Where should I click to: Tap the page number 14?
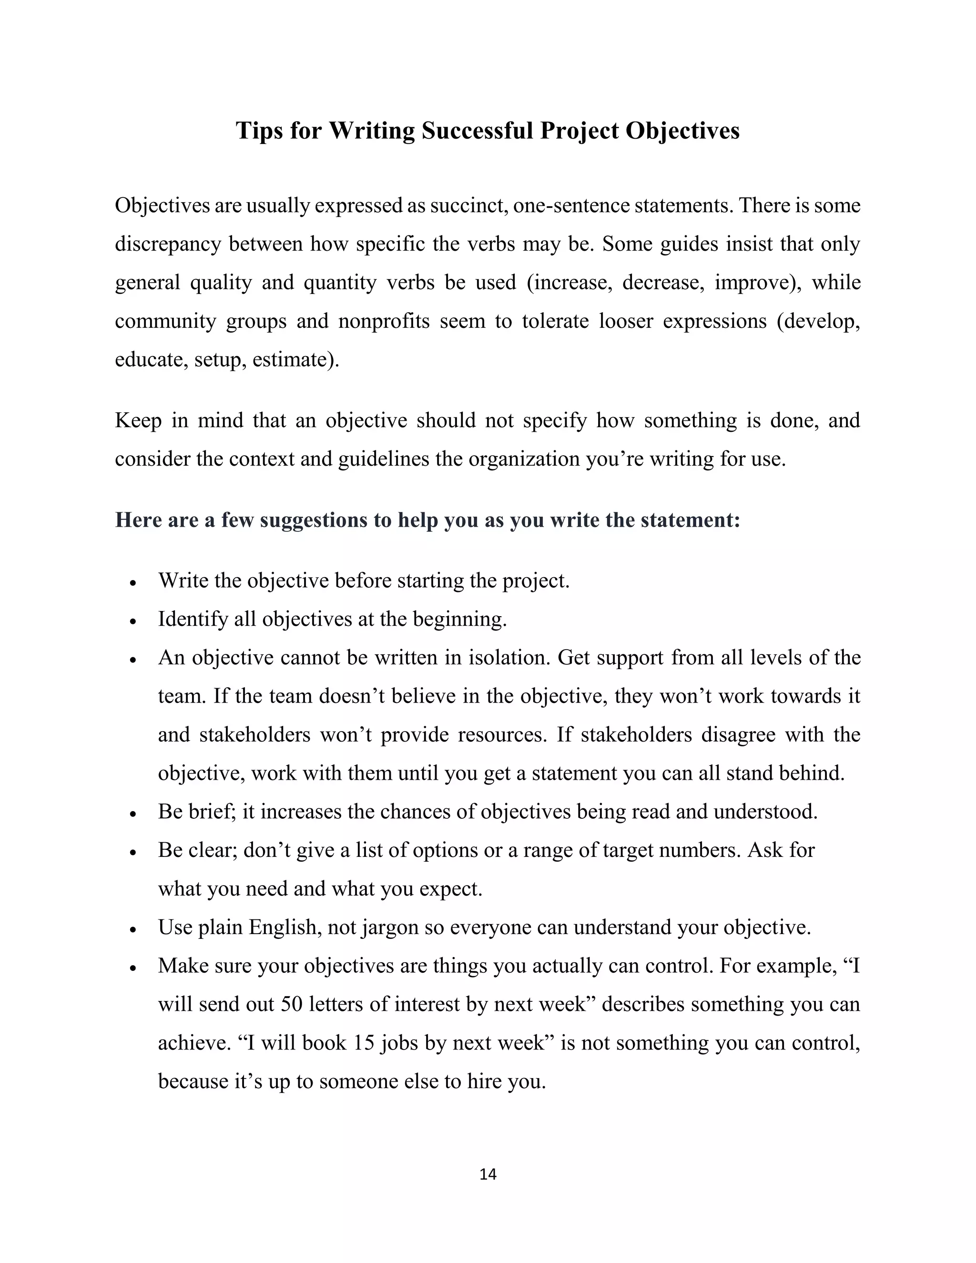click(x=488, y=1174)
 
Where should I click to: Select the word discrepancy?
click(x=168, y=244)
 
